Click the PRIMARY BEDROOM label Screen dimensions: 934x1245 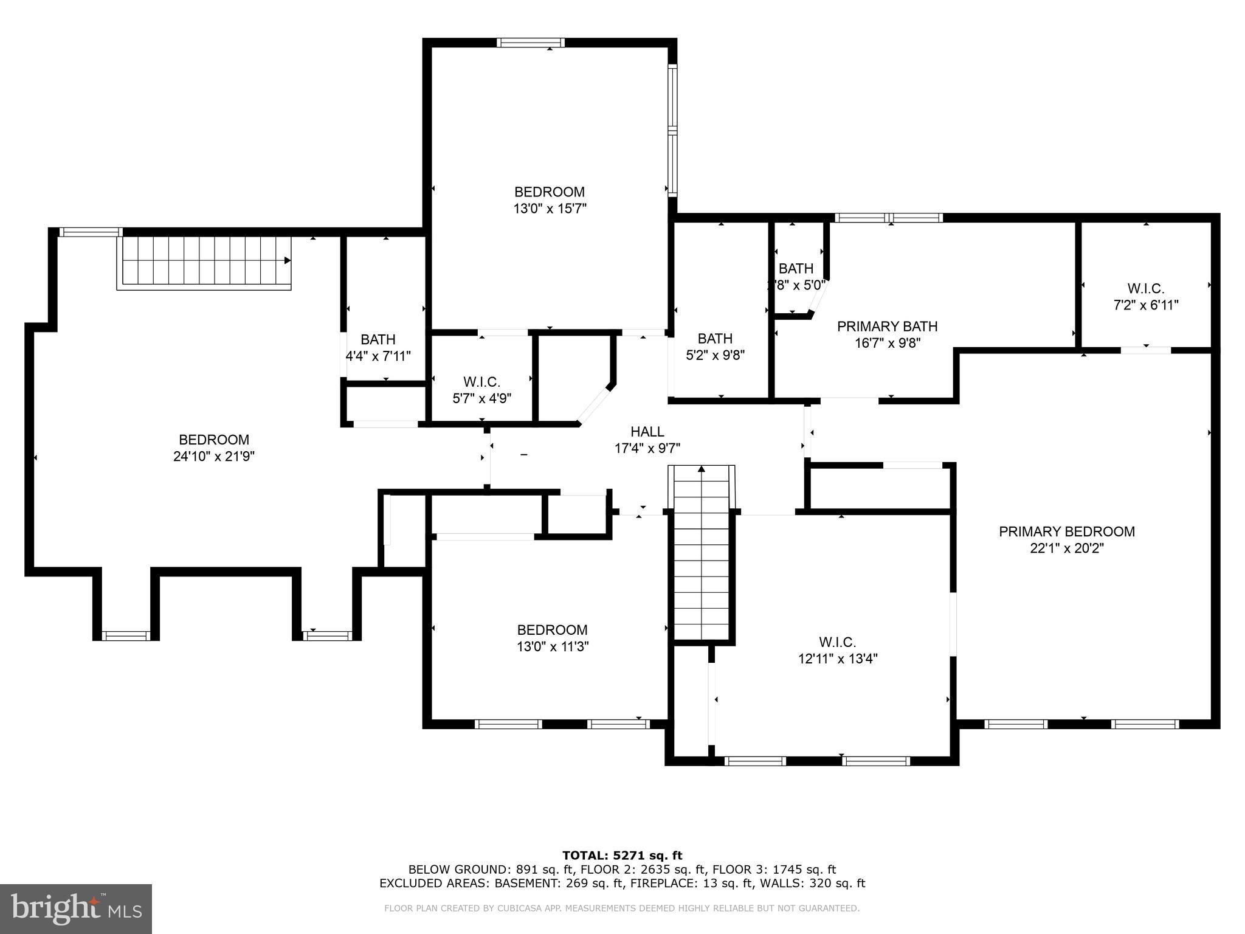coord(1066,531)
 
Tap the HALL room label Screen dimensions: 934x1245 coord(647,432)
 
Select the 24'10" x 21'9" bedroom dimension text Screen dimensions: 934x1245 coord(213,457)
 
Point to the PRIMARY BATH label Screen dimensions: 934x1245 coord(887,327)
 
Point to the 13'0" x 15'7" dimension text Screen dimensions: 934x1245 coord(550,209)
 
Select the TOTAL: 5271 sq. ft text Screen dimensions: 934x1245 coord(622,856)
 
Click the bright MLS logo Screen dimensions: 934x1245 coord(75,908)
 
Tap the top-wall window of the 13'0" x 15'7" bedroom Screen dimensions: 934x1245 coord(530,43)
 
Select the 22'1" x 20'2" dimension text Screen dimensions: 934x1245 coord(1066,548)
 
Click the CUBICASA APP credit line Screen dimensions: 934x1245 coord(621,908)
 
